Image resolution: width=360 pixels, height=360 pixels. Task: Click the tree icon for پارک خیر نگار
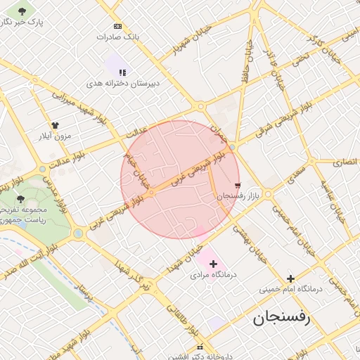tap(22, 11)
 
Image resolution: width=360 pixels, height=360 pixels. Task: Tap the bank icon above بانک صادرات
tap(117, 26)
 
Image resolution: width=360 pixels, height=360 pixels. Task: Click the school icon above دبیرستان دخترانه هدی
tap(122, 72)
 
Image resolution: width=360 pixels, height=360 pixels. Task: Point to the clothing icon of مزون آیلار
tap(55, 125)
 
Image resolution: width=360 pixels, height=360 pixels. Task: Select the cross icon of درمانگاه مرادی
tap(214, 264)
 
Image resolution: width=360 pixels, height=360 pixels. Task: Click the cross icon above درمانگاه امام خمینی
tap(290, 278)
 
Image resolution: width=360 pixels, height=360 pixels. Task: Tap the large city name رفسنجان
tap(281, 319)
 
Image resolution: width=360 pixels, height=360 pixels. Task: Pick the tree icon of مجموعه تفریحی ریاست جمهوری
tap(20, 199)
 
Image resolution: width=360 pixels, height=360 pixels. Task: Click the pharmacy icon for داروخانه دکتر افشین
tap(200, 347)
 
